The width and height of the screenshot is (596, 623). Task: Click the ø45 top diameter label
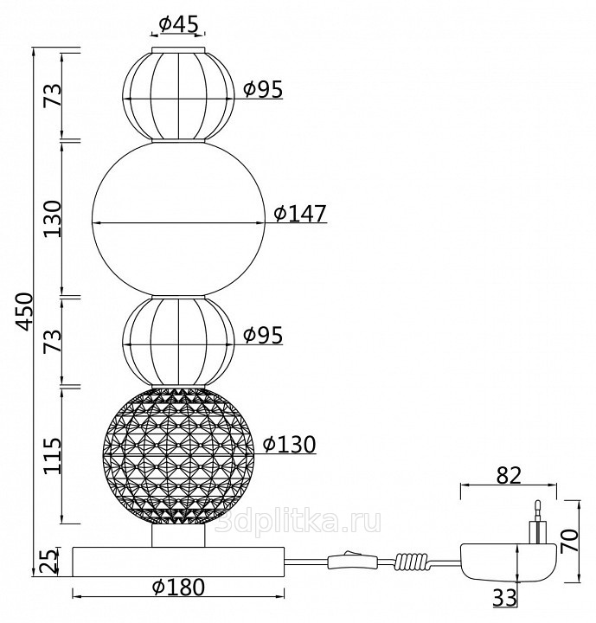point(178,24)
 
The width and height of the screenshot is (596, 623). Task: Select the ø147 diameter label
point(300,214)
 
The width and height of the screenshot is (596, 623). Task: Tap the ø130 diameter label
point(290,444)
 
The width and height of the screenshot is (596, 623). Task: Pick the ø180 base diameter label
point(178,588)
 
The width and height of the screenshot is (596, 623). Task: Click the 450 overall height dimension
point(24,311)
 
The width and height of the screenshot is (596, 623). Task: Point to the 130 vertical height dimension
point(53,219)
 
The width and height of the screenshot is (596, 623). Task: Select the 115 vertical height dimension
point(53,456)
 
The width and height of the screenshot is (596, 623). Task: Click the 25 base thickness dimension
point(48,561)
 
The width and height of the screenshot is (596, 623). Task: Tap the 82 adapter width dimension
point(509,475)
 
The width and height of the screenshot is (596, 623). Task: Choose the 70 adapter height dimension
point(569,540)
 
